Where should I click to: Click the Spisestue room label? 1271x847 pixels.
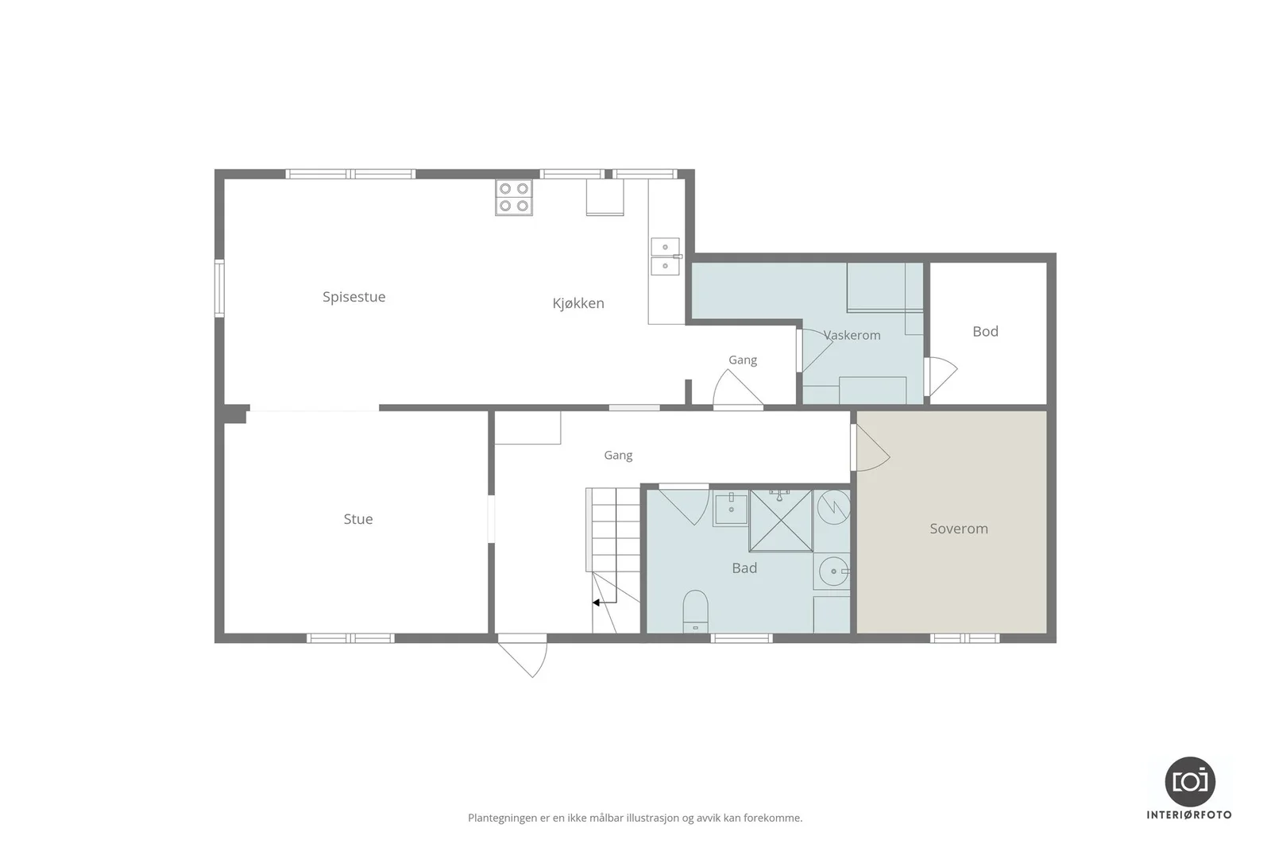click(354, 297)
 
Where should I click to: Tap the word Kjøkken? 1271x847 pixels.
click(578, 303)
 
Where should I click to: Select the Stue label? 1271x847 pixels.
click(358, 519)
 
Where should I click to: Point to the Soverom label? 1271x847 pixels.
click(959, 529)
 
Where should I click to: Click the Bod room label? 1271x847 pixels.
click(986, 332)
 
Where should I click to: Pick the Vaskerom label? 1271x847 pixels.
click(852, 335)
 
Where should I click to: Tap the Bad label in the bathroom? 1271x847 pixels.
click(744, 568)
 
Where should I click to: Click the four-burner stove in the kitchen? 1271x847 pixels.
click(514, 198)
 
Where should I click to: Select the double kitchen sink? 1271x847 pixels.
click(665, 256)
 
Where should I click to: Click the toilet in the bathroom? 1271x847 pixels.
click(695, 611)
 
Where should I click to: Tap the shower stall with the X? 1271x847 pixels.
click(782, 521)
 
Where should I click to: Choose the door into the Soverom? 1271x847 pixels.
click(870, 448)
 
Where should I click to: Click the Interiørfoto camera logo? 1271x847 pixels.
click(1189, 782)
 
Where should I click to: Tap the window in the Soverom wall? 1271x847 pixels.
click(964, 638)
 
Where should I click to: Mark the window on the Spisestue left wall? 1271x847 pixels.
click(219, 288)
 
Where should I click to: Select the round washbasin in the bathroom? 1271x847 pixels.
click(833, 571)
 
